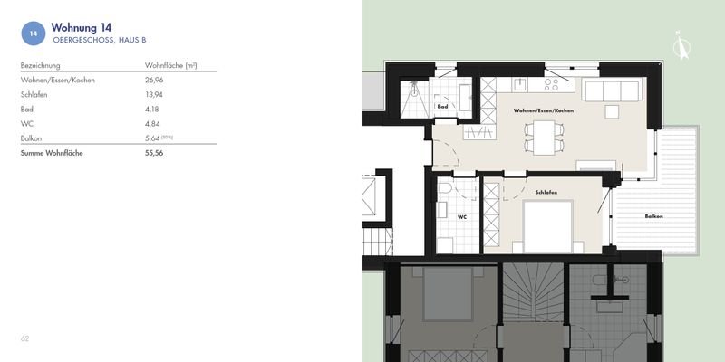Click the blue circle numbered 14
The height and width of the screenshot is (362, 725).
[34, 33]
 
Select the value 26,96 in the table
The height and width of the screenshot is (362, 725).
[157, 81]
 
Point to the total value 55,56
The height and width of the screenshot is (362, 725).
[157, 153]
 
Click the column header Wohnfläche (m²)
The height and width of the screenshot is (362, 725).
[171, 66]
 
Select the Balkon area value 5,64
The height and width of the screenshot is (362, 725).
[155, 138]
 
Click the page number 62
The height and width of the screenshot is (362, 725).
[25, 338]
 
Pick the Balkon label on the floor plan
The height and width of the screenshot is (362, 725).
[653, 216]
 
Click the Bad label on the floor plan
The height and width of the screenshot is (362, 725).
[443, 107]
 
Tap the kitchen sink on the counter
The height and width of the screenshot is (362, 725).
[520, 84]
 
